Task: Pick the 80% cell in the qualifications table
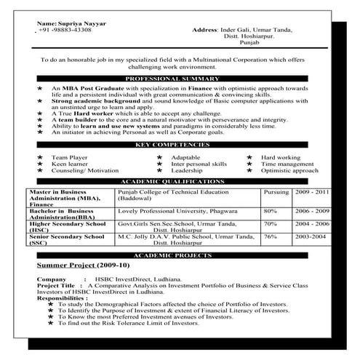click(271, 210)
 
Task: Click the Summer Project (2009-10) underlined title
click(75, 266)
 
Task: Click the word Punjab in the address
click(248, 43)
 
